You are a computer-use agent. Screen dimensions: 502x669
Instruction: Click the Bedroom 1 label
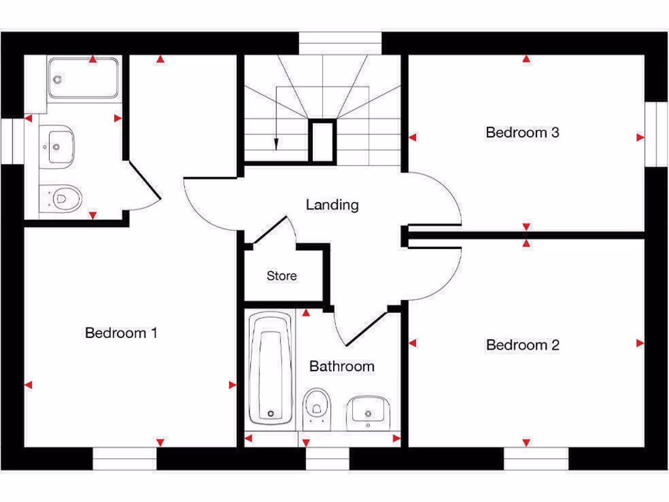click(x=121, y=333)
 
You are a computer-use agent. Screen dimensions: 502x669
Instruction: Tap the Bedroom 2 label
click(x=523, y=344)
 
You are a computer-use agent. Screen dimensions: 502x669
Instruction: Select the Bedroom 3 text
click(x=522, y=132)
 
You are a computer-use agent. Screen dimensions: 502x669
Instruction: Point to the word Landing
click(x=332, y=205)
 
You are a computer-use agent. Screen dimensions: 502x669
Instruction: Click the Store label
click(x=282, y=276)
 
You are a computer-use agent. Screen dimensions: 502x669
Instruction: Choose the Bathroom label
click(x=342, y=366)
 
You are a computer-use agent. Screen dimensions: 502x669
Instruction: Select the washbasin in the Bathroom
click(x=368, y=410)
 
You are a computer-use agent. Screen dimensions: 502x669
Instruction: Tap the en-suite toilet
click(x=61, y=197)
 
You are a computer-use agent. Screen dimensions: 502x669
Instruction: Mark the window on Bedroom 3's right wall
click(x=655, y=137)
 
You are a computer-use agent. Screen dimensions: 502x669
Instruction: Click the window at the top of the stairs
click(x=340, y=42)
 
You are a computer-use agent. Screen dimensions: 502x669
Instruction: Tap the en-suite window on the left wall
click(x=12, y=141)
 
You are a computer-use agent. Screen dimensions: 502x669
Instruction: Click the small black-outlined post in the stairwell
click(x=322, y=141)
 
